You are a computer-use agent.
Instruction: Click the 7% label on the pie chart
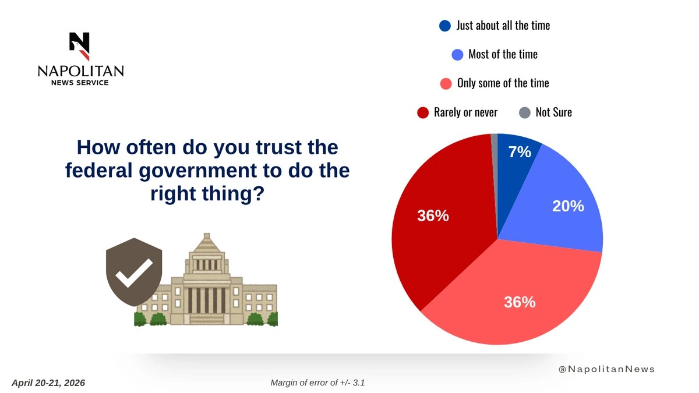click(x=520, y=152)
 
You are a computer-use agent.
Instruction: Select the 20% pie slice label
click(x=568, y=206)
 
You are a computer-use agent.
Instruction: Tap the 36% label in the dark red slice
click(x=433, y=216)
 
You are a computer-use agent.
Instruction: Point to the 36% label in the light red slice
click(x=520, y=302)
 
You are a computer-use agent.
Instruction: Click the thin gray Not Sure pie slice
click(x=495, y=162)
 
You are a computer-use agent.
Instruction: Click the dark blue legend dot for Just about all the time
click(x=444, y=26)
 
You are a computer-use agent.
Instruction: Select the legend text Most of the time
click(x=503, y=55)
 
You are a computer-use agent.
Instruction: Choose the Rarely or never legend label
click(x=465, y=112)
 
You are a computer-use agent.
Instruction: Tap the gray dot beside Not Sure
click(x=525, y=112)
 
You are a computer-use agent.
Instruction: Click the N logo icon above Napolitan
click(x=80, y=46)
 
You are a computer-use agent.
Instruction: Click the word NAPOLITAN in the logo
click(x=80, y=71)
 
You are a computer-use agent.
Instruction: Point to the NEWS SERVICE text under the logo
click(x=80, y=83)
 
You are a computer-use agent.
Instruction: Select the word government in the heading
click(x=197, y=171)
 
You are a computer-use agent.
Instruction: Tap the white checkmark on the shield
click(x=134, y=273)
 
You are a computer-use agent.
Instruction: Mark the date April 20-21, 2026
click(x=48, y=383)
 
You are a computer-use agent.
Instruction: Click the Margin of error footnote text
click(x=317, y=383)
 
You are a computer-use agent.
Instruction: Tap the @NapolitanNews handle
click(x=606, y=369)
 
